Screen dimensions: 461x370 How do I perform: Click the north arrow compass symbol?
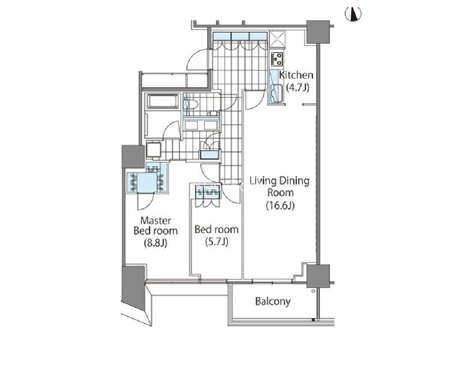tap(353, 14)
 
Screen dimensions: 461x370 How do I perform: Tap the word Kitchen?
tap(296, 75)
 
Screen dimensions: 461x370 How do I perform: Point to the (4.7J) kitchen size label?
tap(298, 87)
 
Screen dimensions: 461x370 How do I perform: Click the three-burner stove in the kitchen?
tap(277, 59)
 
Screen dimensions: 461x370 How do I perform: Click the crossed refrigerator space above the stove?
tap(277, 38)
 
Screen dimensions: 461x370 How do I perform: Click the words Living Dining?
tap(279, 181)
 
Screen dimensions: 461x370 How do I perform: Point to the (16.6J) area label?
tap(280, 205)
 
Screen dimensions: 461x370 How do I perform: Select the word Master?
tap(156, 220)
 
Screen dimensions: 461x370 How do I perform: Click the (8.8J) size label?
tap(156, 243)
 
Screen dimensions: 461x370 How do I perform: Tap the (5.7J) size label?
tap(216, 242)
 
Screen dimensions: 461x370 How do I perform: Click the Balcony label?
tap(273, 302)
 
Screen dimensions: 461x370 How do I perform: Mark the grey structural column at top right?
tap(318, 32)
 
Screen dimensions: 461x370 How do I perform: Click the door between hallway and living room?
tap(253, 100)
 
